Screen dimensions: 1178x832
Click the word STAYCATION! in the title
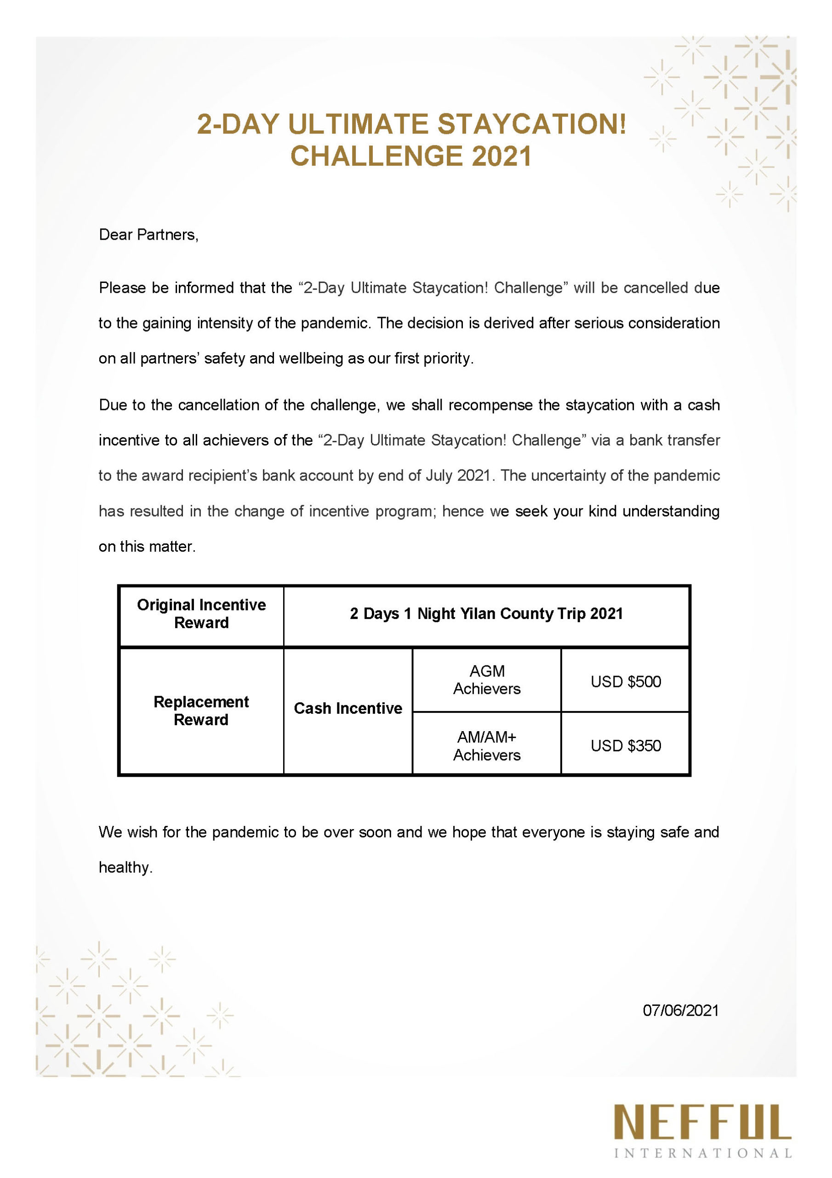click(531, 125)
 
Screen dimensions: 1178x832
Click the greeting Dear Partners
click(148, 235)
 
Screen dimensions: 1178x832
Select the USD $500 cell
click(626, 681)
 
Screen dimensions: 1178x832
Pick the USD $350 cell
click(626, 745)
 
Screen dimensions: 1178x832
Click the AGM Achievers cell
click(486, 680)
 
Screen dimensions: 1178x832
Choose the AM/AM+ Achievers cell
click(486, 746)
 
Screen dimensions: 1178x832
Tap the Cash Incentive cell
click(348, 709)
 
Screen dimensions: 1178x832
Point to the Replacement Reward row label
click(201, 710)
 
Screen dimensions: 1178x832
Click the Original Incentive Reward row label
click(201, 614)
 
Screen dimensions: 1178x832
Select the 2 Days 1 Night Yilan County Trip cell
click(486, 614)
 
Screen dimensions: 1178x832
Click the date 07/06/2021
click(680, 1011)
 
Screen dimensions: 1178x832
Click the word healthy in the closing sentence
click(125, 867)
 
